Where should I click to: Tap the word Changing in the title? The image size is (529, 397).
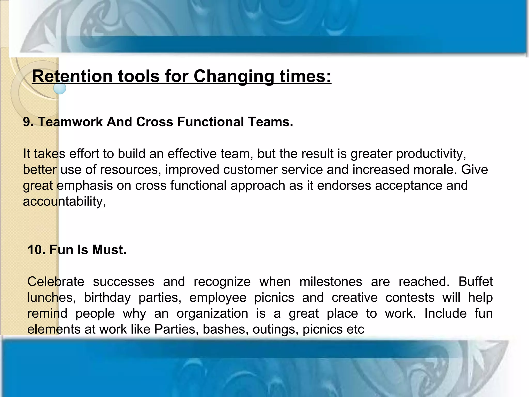(x=234, y=77)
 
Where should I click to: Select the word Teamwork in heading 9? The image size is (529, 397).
(x=70, y=122)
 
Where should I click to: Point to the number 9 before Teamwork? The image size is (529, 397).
(x=27, y=122)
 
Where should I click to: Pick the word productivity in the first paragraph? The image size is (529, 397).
(x=431, y=154)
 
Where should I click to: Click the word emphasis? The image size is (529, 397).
(x=85, y=186)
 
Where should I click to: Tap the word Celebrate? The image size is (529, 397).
(x=56, y=281)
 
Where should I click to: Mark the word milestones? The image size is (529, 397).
(x=331, y=281)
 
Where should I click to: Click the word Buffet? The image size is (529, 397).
(x=476, y=281)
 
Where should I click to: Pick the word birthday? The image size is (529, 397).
(x=107, y=297)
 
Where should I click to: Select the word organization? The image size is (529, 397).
(x=212, y=314)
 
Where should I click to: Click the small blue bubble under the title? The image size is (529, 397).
(x=60, y=88)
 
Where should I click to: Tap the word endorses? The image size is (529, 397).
(x=344, y=186)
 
